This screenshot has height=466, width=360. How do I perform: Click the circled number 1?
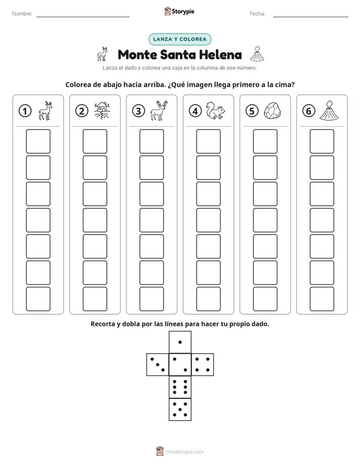coord(25,111)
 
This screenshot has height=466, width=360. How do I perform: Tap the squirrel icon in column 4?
coord(216,111)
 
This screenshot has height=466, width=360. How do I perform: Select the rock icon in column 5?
coord(272,111)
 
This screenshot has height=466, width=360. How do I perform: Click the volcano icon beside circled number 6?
coord(329,110)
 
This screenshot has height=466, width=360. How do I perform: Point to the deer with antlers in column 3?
coord(159,110)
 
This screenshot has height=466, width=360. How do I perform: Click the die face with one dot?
coord(180,342)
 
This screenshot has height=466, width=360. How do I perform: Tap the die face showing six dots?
coord(180,387)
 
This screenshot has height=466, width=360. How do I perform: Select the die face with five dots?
coord(180,410)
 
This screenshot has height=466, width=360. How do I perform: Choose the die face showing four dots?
coord(203,365)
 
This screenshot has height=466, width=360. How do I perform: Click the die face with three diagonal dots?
coord(158,365)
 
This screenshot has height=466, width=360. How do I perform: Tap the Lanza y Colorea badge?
coord(179,39)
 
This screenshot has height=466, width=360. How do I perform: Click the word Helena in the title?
coord(220,54)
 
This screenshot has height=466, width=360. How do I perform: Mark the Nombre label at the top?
coord(22,14)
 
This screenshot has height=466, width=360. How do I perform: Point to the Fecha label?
coord(257,14)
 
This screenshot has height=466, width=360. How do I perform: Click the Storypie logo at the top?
coord(179,11)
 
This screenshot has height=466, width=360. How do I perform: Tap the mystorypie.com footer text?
coord(185,452)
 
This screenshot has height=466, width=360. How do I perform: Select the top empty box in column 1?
coord(38,141)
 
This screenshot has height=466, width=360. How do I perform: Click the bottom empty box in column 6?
coord(322,299)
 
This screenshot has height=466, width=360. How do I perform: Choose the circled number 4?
coord(195,111)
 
